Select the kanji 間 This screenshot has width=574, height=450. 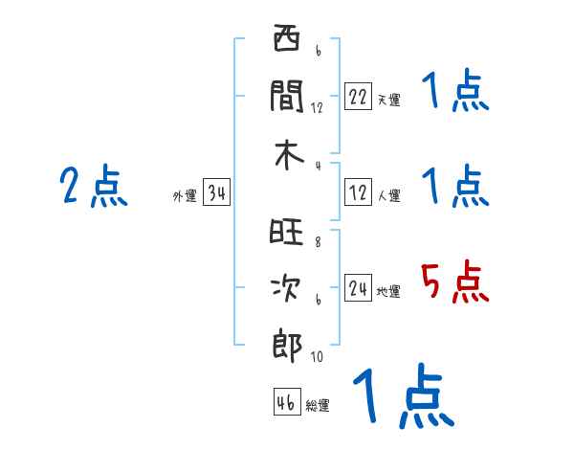287,98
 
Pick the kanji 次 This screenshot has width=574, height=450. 287,288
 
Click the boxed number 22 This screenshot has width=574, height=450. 358,97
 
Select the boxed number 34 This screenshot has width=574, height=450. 216,194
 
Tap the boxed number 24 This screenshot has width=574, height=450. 358,288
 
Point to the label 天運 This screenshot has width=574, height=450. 388,100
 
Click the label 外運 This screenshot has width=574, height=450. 185,196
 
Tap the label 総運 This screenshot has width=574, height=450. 318,405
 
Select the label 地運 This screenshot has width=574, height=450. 388,291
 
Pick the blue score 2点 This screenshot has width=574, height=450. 94,186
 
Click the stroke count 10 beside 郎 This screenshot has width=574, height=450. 317,357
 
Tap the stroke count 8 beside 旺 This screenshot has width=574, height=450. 317,241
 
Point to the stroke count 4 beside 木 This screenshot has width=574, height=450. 317,166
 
